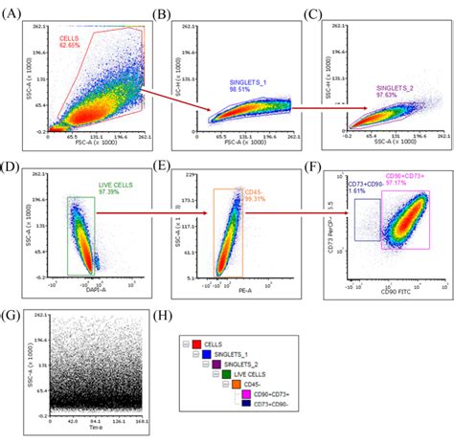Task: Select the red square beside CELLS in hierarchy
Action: pos(197,342)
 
